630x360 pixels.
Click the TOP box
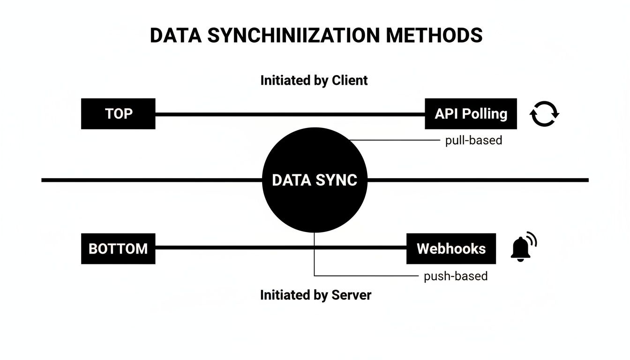pyautogui.click(x=118, y=114)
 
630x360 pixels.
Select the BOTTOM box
pyautogui.click(x=118, y=248)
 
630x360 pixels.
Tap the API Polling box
pyautogui.click(x=471, y=114)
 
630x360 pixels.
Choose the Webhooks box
pyautogui.click(x=451, y=248)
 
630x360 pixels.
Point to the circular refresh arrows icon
pyautogui.click(x=544, y=114)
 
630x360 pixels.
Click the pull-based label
pyautogui.click(x=473, y=140)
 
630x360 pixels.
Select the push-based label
pyautogui.click(x=456, y=276)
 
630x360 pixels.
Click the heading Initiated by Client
pyautogui.click(x=314, y=80)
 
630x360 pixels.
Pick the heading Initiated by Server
pyautogui.click(x=315, y=295)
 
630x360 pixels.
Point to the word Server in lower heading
pyautogui.click(x=351, y=295)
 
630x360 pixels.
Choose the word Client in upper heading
pyautogui.click(x=350, y=80)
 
